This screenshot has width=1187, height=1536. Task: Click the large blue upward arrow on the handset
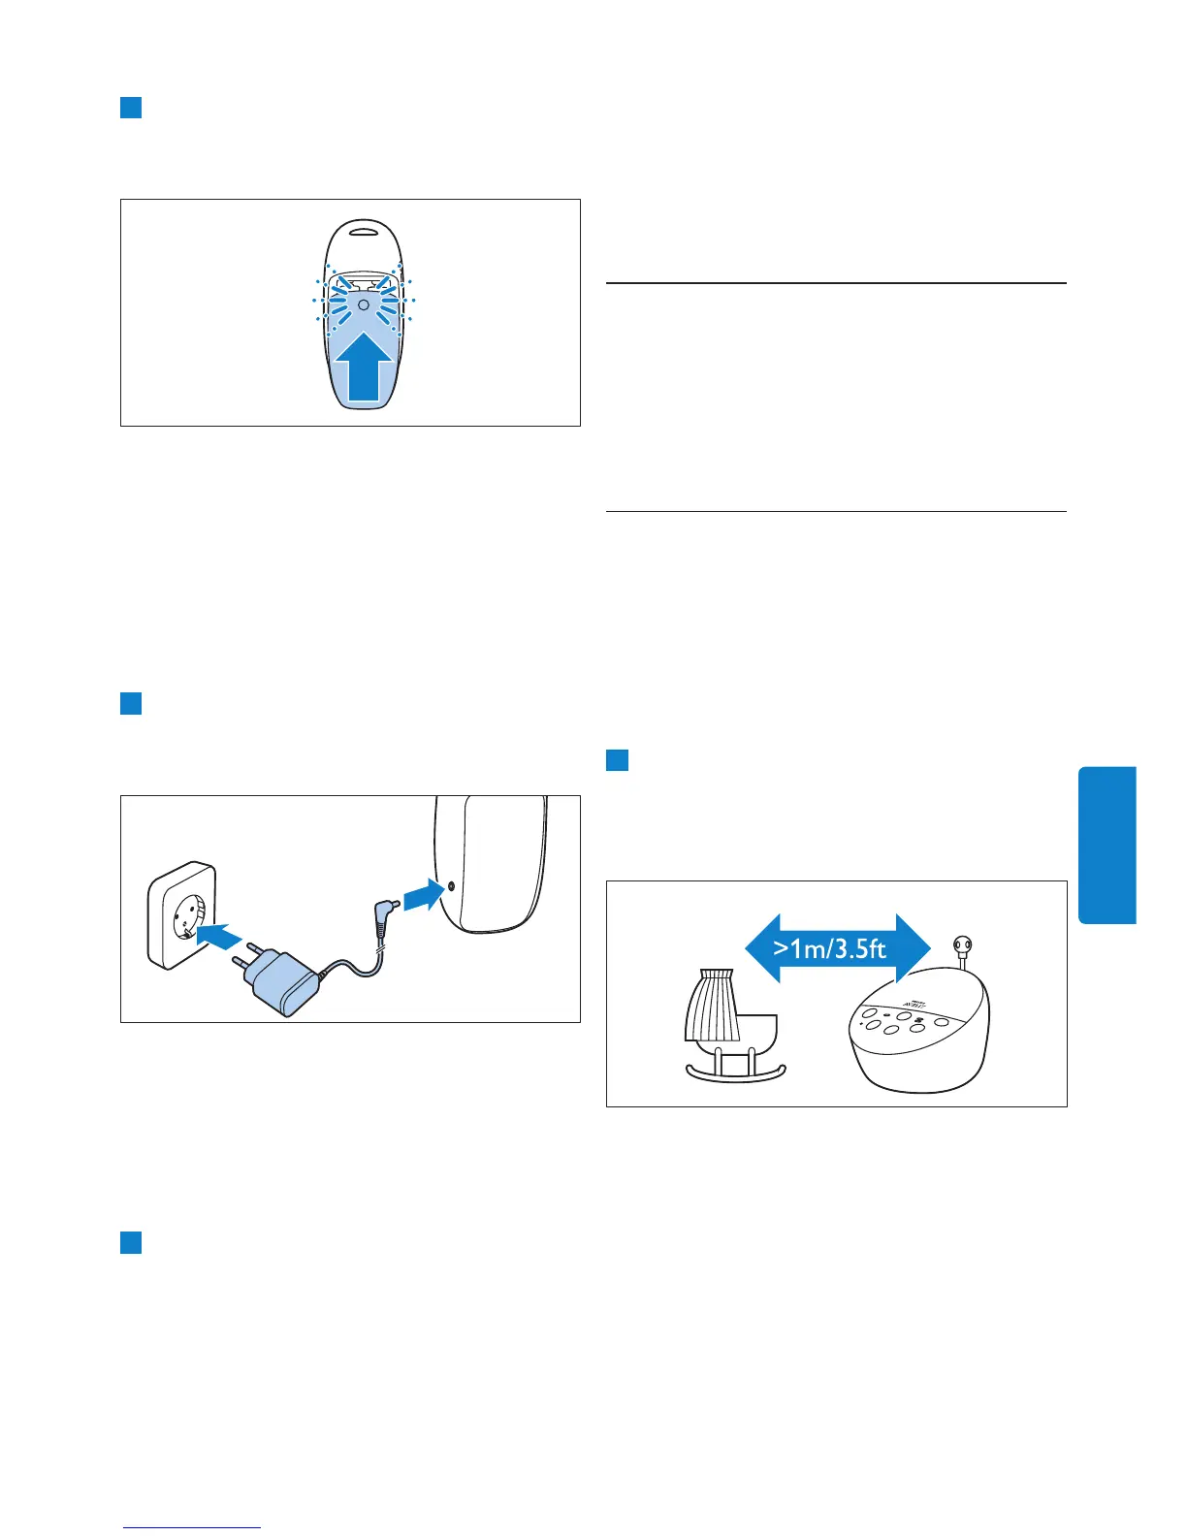tap(364, 370)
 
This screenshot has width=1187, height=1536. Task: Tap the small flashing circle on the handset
tap(363, 304)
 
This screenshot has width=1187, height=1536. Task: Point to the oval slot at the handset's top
tap(363, 231)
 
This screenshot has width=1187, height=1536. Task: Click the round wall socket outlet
tap(187, 915)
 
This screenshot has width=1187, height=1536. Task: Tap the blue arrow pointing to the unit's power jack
tap(423, 892)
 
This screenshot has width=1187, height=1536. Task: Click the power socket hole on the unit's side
tap(451, 885)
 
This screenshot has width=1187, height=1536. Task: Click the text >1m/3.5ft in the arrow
tap(830, 947)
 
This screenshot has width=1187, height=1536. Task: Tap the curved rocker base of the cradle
tap(736, 1073)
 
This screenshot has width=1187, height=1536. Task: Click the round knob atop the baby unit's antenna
tap(963, 945)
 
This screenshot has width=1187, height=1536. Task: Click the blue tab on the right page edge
tap(1107, 845)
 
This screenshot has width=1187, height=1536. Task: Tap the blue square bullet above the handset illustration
tap(131, 107)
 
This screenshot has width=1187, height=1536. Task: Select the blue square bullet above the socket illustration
tap(131, 703)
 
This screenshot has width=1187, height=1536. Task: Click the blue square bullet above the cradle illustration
tap(617, 759)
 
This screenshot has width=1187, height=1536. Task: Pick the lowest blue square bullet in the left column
tap(131, 1242)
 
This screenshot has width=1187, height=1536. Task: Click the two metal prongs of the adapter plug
tap(245, 955)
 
